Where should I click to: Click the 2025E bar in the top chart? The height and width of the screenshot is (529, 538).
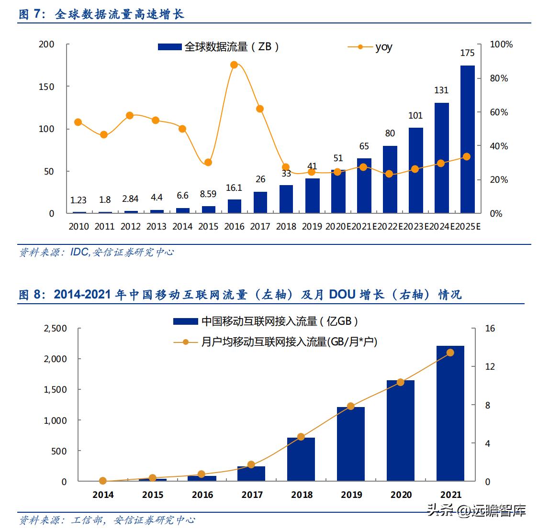(x=467, y=139)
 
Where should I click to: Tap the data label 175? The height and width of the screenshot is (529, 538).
(x=467, y=53)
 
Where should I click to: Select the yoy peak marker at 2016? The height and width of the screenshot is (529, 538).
(x=234, y=65)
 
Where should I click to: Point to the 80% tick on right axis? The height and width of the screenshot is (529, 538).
(x=499, y=78)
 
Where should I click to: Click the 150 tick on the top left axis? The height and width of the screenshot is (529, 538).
(x=46, y=87)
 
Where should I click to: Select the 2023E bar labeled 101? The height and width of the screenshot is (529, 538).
(x=415, y=170)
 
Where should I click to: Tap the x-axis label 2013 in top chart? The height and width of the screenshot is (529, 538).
(x=156, y=226)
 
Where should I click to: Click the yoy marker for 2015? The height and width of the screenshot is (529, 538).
(x=208, y=162)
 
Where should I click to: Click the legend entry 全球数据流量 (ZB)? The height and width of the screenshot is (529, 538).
(x=219, y=47)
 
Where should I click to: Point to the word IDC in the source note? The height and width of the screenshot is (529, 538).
(x=79, y=252)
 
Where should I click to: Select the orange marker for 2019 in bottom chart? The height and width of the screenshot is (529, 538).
(x=351, y=406)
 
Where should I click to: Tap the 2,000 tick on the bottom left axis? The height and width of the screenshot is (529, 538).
(x=56, y=359)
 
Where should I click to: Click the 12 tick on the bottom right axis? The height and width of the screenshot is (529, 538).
(x=489, y=366)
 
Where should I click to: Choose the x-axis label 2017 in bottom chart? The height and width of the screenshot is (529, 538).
(x=252, y=495)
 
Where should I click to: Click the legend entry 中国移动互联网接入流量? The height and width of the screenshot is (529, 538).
(x=266, y=321)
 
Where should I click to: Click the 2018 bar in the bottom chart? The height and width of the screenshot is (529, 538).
(x=301, y=459)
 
